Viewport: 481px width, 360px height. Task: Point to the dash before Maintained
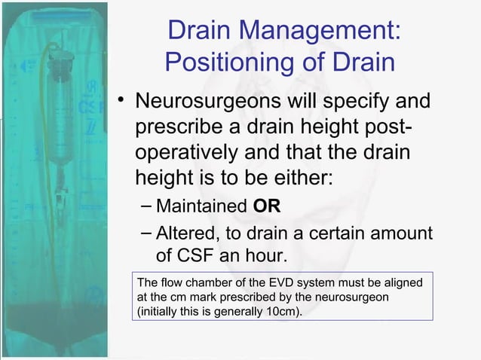[146, 206]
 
